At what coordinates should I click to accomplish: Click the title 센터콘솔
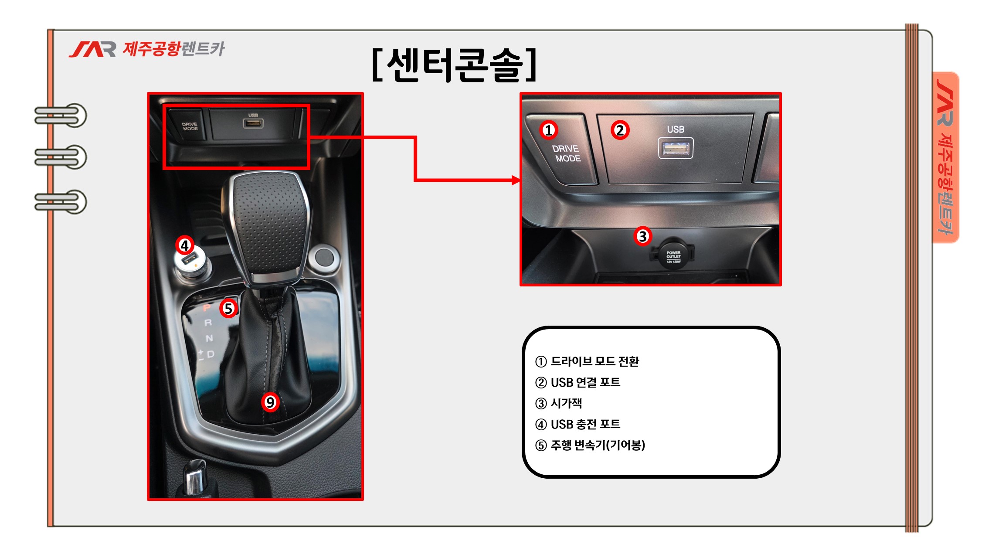[454, 65]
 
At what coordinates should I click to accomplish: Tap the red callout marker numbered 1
[549, 130]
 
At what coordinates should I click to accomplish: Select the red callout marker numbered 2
[620, 130]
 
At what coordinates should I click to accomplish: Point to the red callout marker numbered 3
[642, 236]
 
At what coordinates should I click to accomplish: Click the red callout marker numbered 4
[185, 245]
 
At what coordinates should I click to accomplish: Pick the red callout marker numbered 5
[228, 308]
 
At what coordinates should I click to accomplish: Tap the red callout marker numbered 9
[270, 402]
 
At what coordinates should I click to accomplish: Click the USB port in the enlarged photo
[675, 149]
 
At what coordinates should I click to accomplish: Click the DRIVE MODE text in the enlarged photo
[567, 153]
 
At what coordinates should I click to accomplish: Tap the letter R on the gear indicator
[208, 323]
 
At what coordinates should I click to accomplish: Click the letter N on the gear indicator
[209, 338]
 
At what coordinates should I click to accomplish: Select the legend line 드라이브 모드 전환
[587, 361]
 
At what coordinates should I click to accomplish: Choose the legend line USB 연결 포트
[578, 382]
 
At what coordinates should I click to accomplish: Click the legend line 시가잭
[558, 403]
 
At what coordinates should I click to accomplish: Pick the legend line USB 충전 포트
[578, 424]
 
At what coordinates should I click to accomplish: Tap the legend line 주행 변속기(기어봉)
[590, 445]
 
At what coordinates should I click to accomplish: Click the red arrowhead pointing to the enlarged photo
[516, 180]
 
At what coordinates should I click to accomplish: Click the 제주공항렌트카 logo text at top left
[173, 49]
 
